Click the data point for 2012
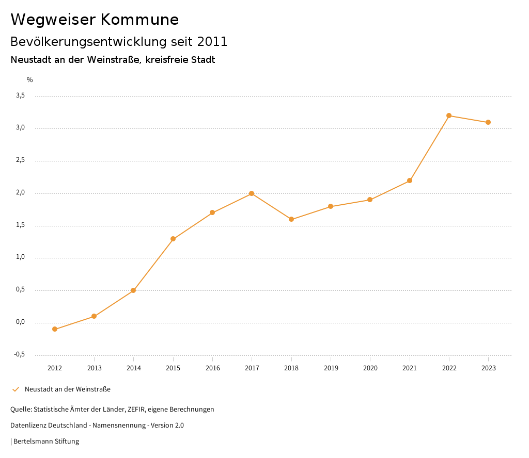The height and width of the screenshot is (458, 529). [55, 329]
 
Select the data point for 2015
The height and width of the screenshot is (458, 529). [173, 239]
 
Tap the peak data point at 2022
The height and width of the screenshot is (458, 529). [449, 116]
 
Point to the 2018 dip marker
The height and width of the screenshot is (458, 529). [291, 219]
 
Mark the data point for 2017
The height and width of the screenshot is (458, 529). [252, 193]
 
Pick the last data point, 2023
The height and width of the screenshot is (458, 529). [488, 122]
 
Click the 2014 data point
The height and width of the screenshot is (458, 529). [133, 290]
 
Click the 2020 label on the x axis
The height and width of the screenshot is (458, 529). [370, 368]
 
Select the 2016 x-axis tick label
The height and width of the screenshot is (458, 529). [212, 368]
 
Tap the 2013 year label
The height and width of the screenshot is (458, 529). [94, 368]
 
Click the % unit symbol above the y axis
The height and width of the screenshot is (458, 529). [30, 80]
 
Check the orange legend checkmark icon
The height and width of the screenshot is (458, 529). [15, 389]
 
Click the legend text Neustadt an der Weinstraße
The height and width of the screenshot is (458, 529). [68, 389]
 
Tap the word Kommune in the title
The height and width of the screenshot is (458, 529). [139, 20]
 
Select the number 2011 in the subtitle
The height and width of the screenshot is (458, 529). [212, 42]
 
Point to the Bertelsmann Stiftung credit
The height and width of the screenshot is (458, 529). [46, 441]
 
